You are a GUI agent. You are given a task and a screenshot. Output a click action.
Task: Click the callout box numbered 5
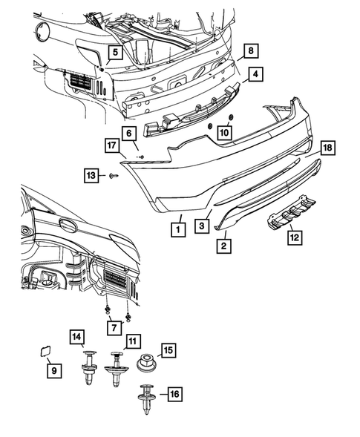pyautogui.click(x=114, y=52)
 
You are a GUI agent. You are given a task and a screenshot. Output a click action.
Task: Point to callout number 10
pyautogui.click(x=224, y=131)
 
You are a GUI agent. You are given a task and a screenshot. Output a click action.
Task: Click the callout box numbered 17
pyautogui.click(x=111, y=147)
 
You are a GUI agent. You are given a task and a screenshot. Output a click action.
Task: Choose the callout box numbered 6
pyautogui.click(x=128, y=134)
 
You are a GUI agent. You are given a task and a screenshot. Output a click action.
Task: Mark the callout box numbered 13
pyautogui.click(x=91, y=175)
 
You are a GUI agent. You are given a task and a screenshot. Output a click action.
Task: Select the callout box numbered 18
pyautogui.click(x=327, y=148)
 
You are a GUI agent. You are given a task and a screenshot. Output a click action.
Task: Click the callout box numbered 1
pyautogui.click(x=177, y=230)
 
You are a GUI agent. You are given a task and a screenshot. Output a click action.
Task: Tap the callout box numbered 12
pyautogui.click(x=295, y=237)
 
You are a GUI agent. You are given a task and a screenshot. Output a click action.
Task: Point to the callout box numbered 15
pyautogui.click(x=168, y=349)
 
